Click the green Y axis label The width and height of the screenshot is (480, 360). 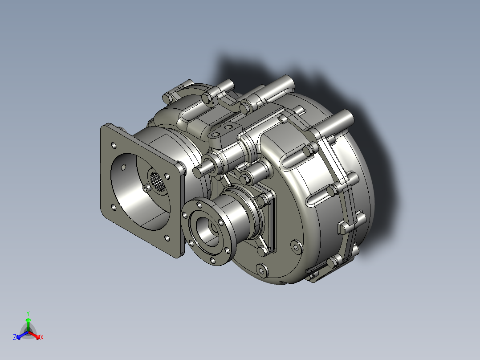coord(28,313)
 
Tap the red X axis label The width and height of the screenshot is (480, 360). coord(41,338)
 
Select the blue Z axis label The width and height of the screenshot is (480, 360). coord(15,338)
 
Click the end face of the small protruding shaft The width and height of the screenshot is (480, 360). coord(198,171)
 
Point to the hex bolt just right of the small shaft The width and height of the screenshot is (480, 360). coord(247,179)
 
